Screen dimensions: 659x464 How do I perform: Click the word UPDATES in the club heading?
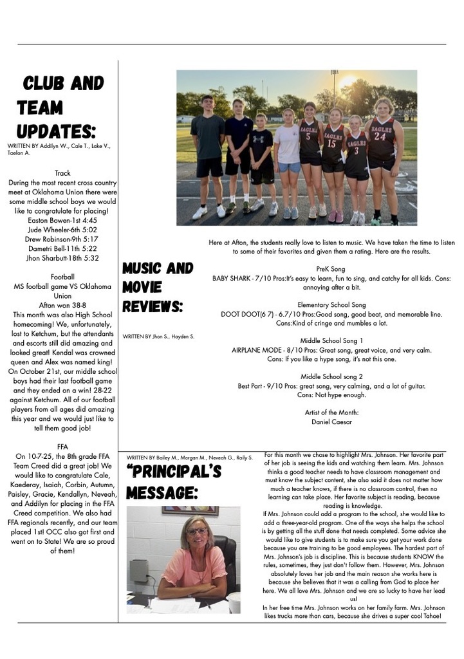pos(56,131)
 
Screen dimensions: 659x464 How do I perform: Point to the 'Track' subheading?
pos(62,173)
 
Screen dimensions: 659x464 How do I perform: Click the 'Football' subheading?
pos(62,277)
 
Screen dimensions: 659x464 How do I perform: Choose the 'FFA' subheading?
pos(62,445)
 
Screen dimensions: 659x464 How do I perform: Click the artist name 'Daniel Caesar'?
pos(332,422)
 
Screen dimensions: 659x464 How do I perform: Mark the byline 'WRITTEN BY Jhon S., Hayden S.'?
pos(158,337)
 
